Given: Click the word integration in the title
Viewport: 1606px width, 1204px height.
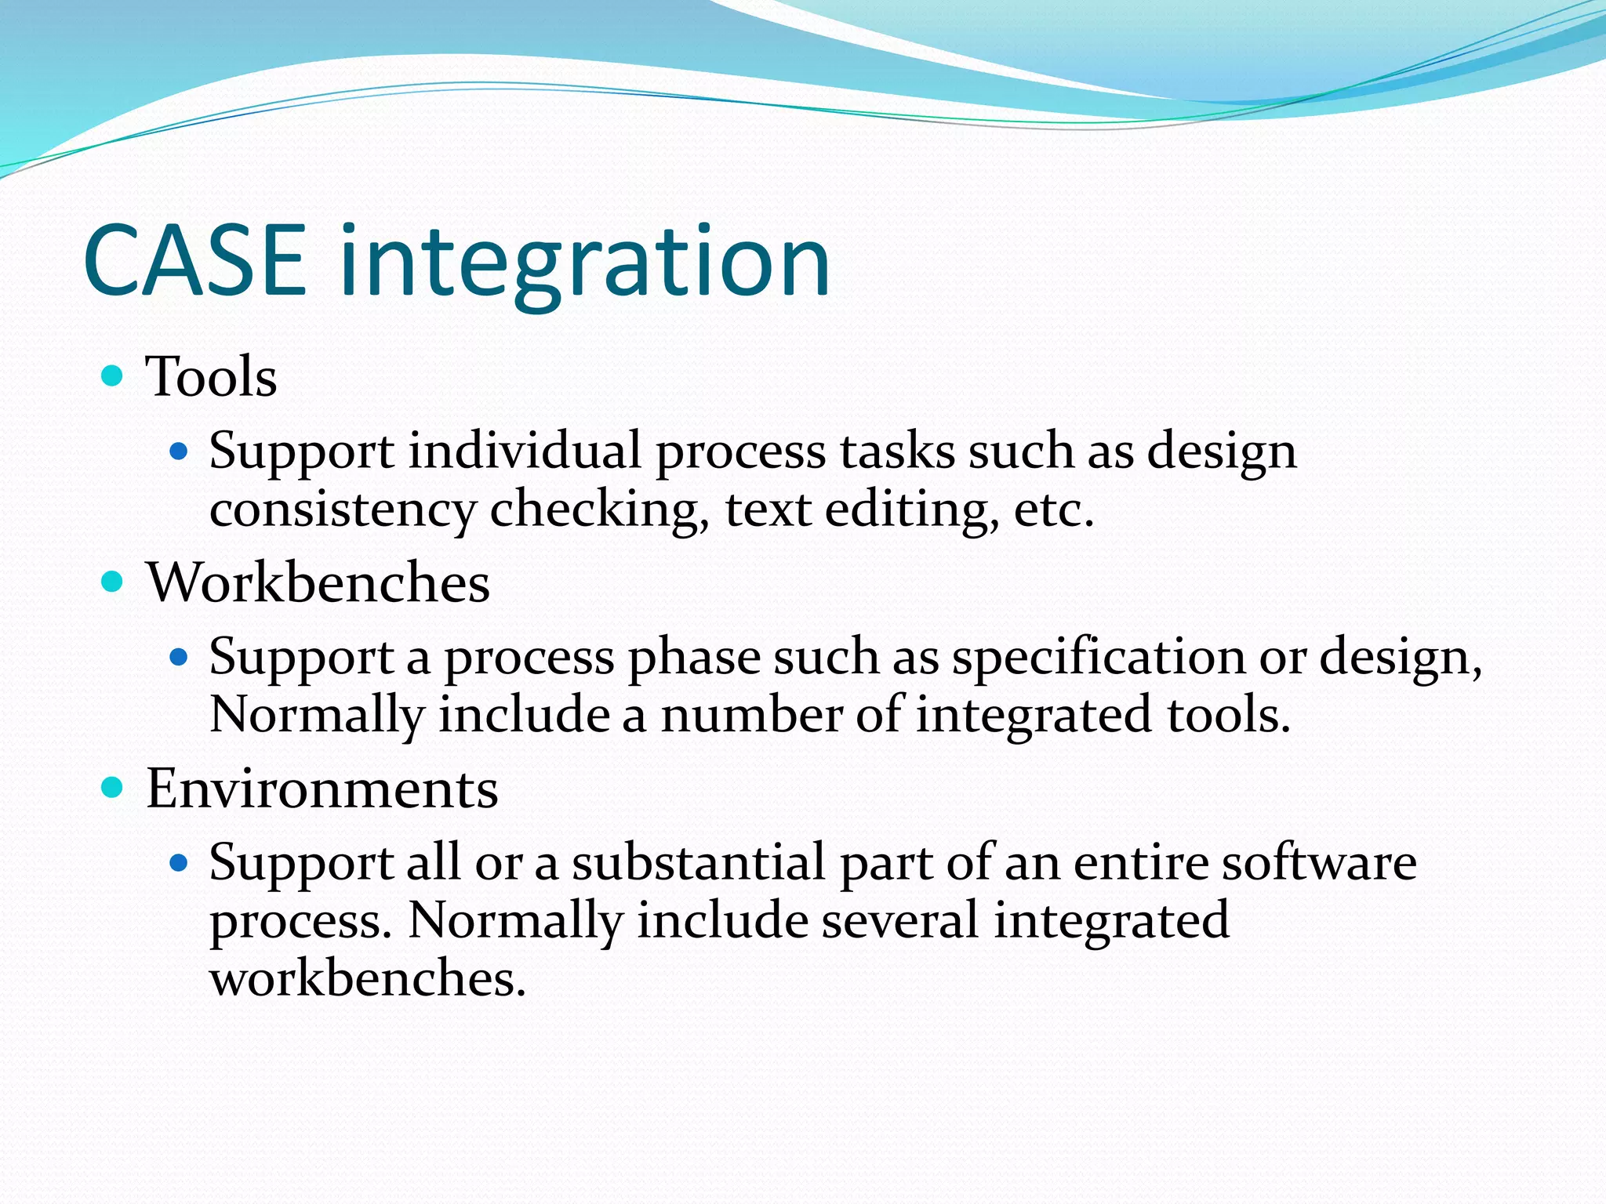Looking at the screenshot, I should (584, 263).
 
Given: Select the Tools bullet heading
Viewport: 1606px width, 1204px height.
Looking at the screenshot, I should (211, 377).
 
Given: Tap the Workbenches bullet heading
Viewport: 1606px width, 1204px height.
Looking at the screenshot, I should (318, 583).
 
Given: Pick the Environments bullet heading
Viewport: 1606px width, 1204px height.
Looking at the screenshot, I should (322, 789).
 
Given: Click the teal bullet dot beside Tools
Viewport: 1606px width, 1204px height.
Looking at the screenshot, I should (113, 375).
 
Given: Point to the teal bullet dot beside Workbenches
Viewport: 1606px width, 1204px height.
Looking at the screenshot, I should (113, 582).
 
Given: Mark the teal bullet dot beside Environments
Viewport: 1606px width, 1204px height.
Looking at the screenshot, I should (113, 787).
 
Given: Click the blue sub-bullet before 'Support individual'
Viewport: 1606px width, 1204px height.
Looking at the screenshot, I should (180, 451).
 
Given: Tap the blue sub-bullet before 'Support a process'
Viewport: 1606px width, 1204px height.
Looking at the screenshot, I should (180, 656).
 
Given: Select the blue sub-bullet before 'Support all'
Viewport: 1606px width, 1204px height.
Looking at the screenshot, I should (180, 863).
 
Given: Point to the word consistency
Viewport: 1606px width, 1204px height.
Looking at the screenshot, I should (343, 511).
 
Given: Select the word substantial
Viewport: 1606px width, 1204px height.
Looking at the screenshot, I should (698, 863).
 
